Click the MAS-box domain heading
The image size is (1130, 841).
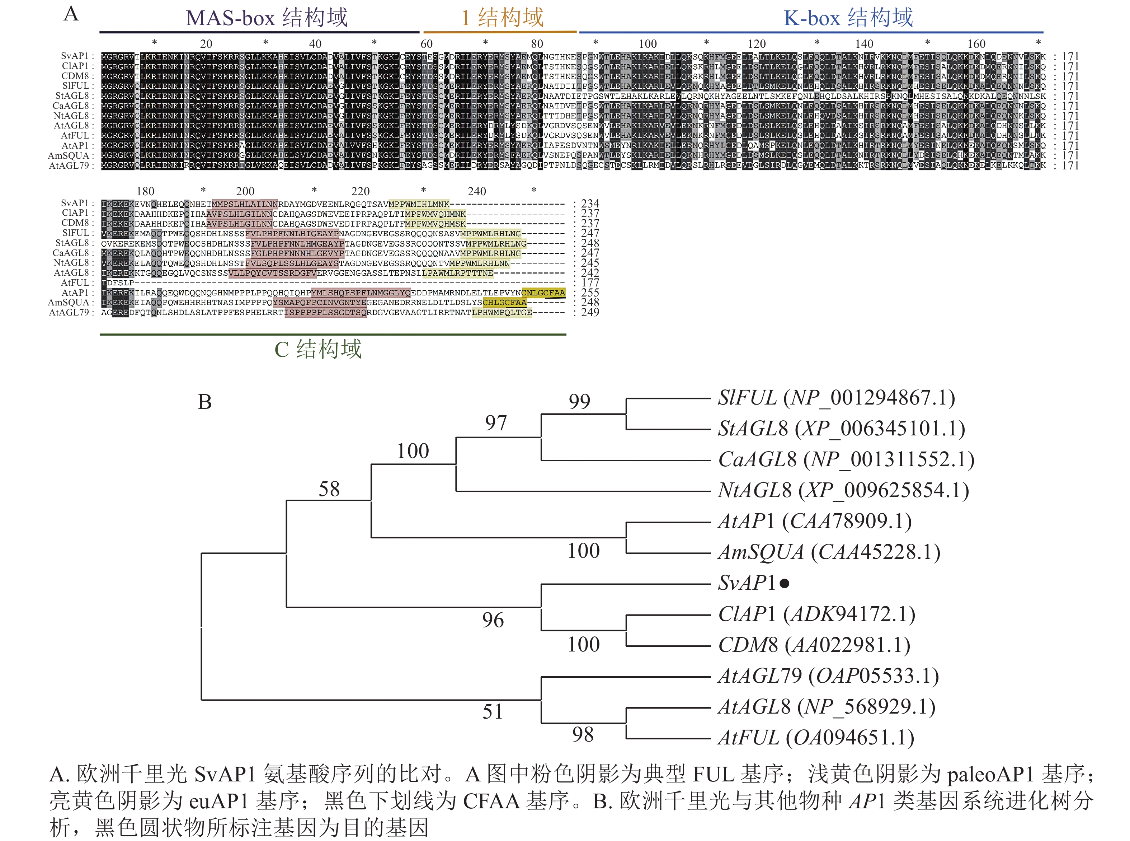267,18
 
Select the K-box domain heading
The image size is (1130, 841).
848,18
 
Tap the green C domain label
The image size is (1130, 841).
318,349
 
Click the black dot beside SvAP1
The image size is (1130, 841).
784,583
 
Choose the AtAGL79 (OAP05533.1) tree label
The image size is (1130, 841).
828,676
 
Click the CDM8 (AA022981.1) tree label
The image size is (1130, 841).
814,645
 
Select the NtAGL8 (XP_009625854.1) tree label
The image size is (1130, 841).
843,490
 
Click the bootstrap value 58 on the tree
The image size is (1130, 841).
329,489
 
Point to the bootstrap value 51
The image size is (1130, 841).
493,712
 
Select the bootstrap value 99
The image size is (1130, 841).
579,402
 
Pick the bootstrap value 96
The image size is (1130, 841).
493,620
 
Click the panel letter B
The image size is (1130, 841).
204,402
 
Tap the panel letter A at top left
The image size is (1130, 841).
71,14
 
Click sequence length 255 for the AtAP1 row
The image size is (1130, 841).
590,293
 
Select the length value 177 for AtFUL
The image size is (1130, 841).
590,282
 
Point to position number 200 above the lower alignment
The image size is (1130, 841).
245,191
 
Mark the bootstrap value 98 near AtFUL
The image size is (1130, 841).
583,735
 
